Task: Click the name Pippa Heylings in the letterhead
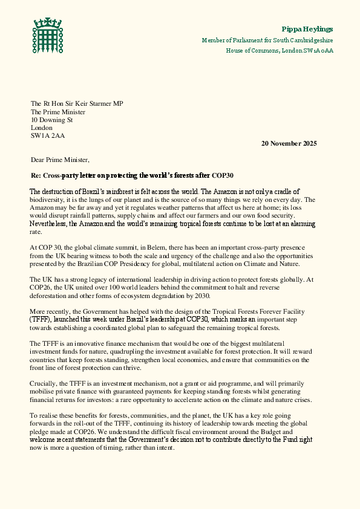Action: click(x=307, y=29)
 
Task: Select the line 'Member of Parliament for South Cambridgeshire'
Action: click(x=267, y=40)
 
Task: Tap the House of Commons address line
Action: click(x=280, y=50)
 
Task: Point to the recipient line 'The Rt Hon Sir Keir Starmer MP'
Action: click(x=77, y=104)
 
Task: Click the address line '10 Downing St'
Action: click(x=51, y=120)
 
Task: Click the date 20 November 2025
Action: click(x=289, y=143)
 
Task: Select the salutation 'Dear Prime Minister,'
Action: click(x=60, y=160)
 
